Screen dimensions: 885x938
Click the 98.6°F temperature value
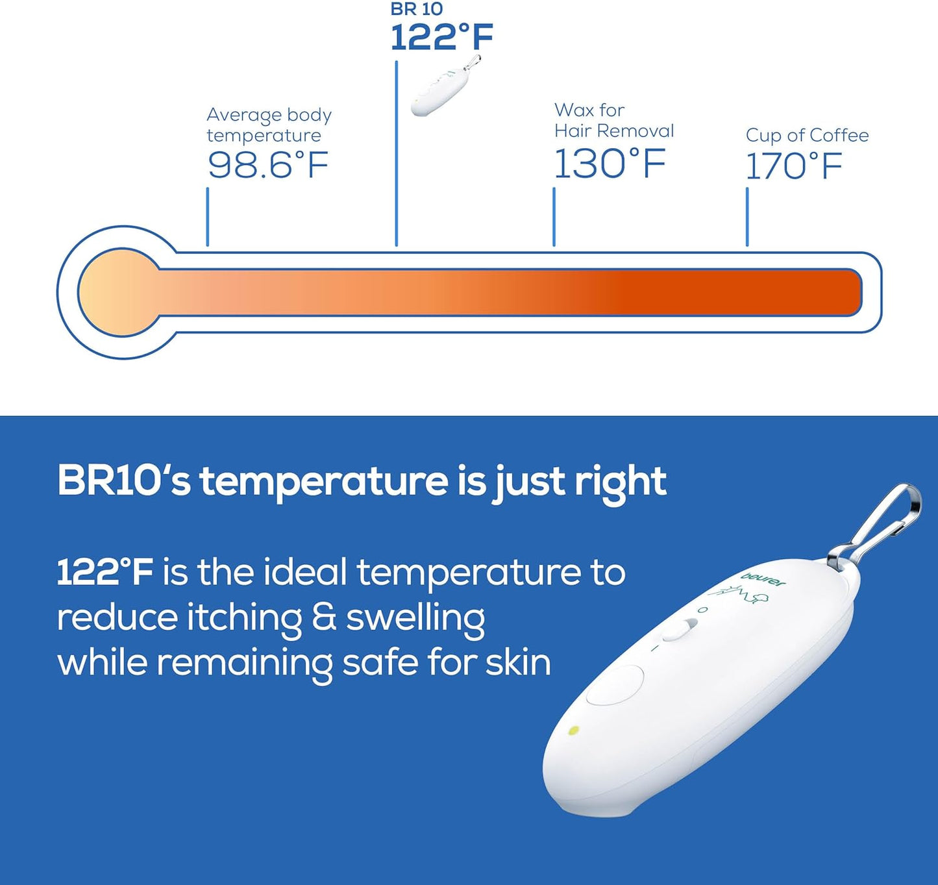pyautogui.click(x=268, y=165)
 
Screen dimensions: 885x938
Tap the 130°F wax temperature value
pyautogui.click(x=610, y=164)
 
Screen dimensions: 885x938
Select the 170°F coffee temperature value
pyautogui.click(x=793, y=166)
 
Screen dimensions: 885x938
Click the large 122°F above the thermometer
pyautogui.click(x=441, y=37)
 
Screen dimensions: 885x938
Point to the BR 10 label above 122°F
pyautogui.click(x=416, y=9)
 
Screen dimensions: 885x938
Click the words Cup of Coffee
pyautogui.click(x=807, y=135)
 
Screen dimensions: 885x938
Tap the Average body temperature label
pyautogui.click(x=269, y=125)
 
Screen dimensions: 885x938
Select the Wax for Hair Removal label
pyautogui.click(x=613, y=120)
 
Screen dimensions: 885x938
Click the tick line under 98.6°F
pyautogui.click(x=208, y=217)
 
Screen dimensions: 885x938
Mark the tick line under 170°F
pyautogui.click(x=747, y=217)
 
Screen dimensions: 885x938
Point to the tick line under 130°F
pyautogui.click(x=554, y=217)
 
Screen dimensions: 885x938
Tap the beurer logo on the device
pyautogui.click(x=763, y=578)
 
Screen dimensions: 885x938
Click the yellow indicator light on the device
pyautogui.click(x=574, y=730)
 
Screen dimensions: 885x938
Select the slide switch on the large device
pyautogui.click(x=679, y=630)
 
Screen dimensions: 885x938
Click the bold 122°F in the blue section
pyautogui.click(x=105, y=573)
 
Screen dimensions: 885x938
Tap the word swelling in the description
pyautogui.click(x=415, y=618)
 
